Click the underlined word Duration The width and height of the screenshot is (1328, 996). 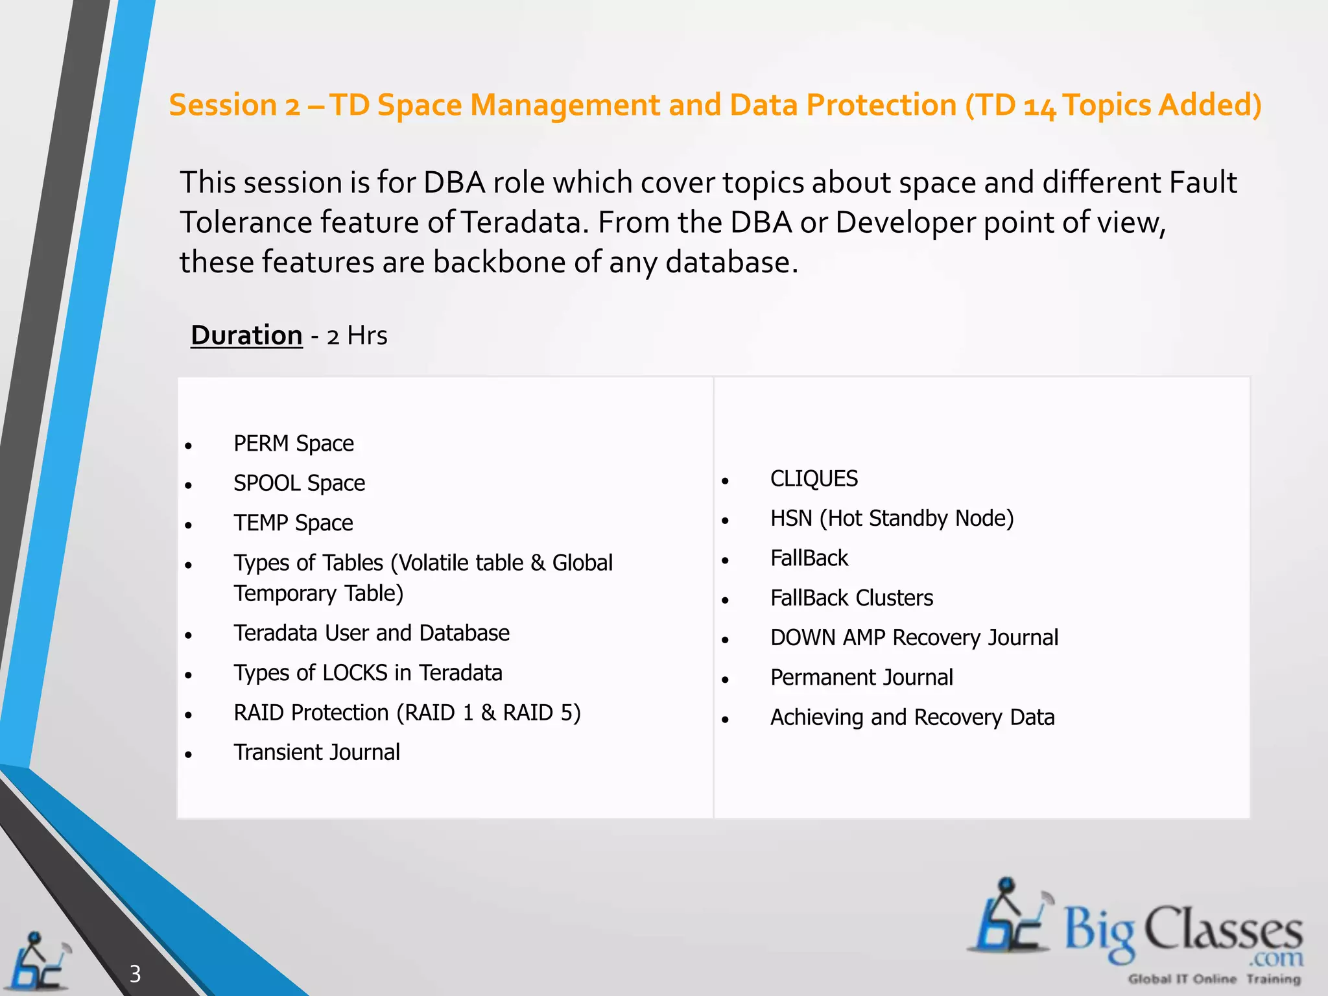point(246,336)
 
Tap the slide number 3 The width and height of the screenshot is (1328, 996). point(135,973)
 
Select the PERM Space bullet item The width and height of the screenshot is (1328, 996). point(293,444)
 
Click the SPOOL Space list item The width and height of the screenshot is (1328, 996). point(299,483)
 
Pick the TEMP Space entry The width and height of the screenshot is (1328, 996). point(293,523)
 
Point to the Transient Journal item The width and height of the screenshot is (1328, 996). point(316,752)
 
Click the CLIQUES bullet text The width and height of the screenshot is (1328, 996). point(814,479)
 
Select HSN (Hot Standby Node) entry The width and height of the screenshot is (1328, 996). point(892,518)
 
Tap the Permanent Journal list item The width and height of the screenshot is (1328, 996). point(861,678)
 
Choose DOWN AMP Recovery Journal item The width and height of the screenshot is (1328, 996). point(914,637)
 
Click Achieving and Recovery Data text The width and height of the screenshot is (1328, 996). point(912,717)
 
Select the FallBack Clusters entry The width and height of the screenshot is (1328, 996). point(851,598)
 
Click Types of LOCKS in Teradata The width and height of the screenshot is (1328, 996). point(368,673)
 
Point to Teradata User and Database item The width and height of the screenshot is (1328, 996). point(372,633)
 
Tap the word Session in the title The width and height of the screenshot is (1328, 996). point(223,105)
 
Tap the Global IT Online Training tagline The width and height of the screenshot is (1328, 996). point(1214,979)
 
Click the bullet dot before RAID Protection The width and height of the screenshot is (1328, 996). point(188,715)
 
